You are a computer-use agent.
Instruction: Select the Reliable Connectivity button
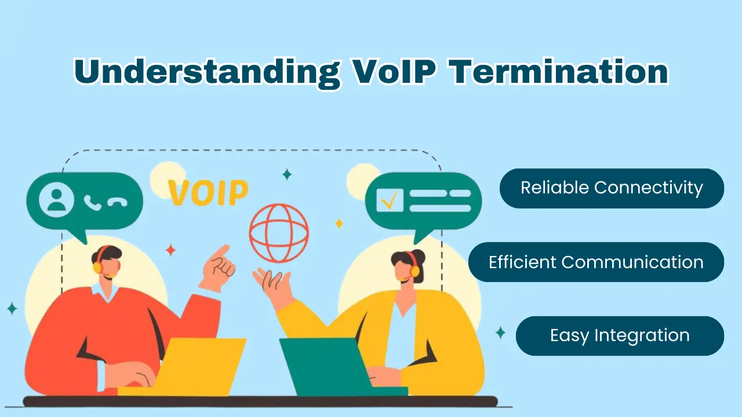[x=612, y=188]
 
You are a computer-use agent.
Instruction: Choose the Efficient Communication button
[x=596, y=262]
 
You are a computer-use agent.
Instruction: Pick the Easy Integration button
[x=620, y=336]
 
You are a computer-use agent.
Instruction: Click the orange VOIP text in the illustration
[x=208, y=193]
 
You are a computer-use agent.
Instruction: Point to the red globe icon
[x=279, y=233]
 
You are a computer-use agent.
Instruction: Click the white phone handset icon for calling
[x=92, y=202]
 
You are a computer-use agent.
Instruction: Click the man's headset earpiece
[x=97, y=267]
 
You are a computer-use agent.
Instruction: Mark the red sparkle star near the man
[x=170, y=250]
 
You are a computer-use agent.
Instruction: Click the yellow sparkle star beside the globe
[x=339, y=224]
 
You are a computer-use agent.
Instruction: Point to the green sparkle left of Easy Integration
[x=500, y=332]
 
